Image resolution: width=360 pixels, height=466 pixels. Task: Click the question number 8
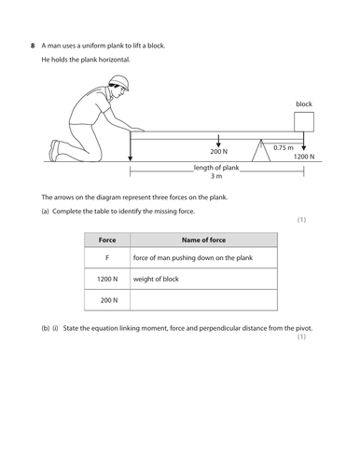pyautogui.click(x=33, y=46)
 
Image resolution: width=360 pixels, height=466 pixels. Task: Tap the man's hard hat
pyautogui.click(x=119, y=81)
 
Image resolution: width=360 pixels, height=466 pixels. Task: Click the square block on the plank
pyautogui.click(x=304, y=122)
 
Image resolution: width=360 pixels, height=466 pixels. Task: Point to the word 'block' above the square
pyautogui.click(x=304, y=104)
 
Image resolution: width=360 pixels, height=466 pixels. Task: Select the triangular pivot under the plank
pyautogui.click(x=261, y=151)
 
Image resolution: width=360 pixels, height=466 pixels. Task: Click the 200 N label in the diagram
pyautogui.click(x=218, y=152)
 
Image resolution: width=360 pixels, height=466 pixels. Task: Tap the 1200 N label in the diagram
pyautogui.click(x=304, y=157)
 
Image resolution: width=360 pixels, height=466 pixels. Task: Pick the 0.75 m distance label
pyautogui.click(x=284, y=148)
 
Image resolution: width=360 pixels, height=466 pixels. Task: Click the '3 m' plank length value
pyautogui.click(x=216, y=176)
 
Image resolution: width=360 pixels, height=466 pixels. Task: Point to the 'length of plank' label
pyautogui.click(x=216, y=168)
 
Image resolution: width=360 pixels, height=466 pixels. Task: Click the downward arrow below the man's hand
pyautogui.click(x=131, y=146)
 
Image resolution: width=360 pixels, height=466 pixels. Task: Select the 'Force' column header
pyautogui.click(x=107, y=240)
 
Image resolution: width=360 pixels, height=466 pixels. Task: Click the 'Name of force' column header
pyautogui.click(x=203, y=240)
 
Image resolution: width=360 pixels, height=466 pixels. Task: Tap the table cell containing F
pyautogui.click(x=107, y=257)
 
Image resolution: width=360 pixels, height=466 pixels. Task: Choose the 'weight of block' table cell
pyautogui.click(x=203, y=279)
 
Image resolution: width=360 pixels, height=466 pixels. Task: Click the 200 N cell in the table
pyautogui.click(x=107, y=300)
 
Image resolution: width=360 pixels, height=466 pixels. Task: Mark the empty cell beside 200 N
pyautogui.click(x=203, y=300)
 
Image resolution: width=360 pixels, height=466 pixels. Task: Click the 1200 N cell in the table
pyautogui.click(x=107, y=279)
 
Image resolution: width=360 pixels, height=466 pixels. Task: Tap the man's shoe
pyautogui.click(x=54, y=151)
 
